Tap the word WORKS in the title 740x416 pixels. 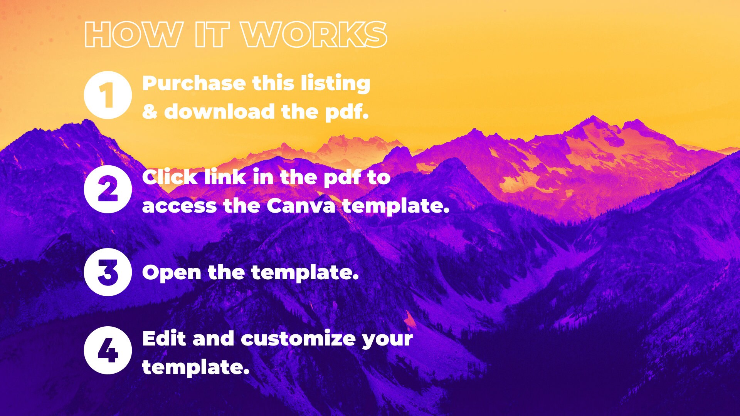tap(314, 35)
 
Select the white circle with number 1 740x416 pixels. tap(108, 95)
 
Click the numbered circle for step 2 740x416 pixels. tap(108, 189)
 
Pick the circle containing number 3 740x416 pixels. tap(108, 272)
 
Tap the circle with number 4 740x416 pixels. tap(108, 350)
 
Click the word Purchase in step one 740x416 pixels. tap(194, 84)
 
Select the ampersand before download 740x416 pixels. tap(150, 112)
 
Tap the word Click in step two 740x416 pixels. tap(170, 178)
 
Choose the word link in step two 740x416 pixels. tap(225, 178)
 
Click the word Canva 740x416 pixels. tap(301, 206)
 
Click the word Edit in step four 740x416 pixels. tap(164, 339)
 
